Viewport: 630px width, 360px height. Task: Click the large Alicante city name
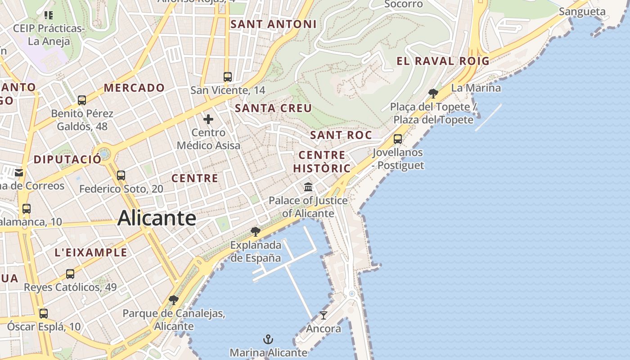[157, 218]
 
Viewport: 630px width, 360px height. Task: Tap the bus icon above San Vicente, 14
[228, 76]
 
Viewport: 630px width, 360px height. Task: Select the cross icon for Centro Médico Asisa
[208, 119]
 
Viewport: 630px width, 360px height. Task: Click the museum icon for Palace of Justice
[308, 187]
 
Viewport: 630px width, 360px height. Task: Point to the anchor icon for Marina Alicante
[268, 339]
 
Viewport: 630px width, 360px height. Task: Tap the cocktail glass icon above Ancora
[323, 315]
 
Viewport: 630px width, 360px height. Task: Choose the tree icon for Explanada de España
[256, 232]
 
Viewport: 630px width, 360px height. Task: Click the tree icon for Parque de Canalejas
[174, 300]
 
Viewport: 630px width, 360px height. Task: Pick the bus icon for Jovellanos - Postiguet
[398, 139]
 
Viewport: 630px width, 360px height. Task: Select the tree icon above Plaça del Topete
[433, 94]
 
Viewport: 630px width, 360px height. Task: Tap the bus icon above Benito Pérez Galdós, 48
[82, 100]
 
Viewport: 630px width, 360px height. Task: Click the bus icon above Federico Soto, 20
[121, 175]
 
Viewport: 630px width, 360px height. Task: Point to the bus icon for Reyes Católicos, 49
[70, 274]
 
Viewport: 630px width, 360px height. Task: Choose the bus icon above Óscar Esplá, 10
[44, 313]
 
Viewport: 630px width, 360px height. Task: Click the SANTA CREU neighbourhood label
[273, 108]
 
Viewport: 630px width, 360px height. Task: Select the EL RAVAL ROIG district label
[443, 61]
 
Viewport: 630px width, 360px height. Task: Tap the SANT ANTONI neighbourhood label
[273, 24]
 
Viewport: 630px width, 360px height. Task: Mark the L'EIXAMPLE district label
[91, 252]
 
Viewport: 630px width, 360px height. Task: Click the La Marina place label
[476, 88]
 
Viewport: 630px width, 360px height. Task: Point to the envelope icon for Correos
[19, 172]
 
